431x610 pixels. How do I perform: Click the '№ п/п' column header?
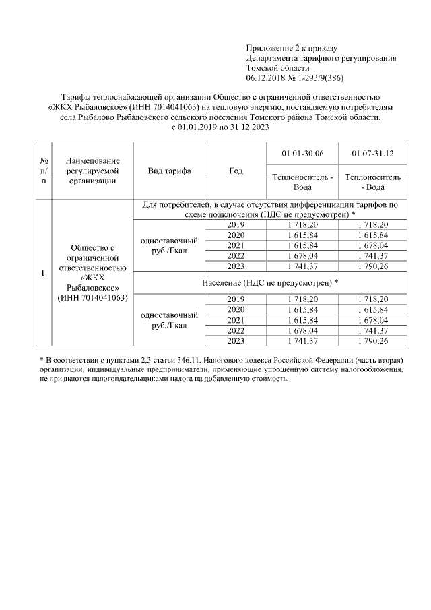pyautogui.click(x=44, y=171)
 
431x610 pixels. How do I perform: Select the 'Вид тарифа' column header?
pyautogui.click(x=169, y=171)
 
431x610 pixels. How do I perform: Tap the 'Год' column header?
pyautogui.click(x=236, y=171)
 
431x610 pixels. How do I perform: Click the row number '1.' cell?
pyautogui.click(x=44, y=273)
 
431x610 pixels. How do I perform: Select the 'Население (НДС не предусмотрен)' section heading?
pyautogui.click(x=269, y=282)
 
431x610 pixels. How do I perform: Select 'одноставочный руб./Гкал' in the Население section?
pyautogui.click(x=169, y=319)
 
